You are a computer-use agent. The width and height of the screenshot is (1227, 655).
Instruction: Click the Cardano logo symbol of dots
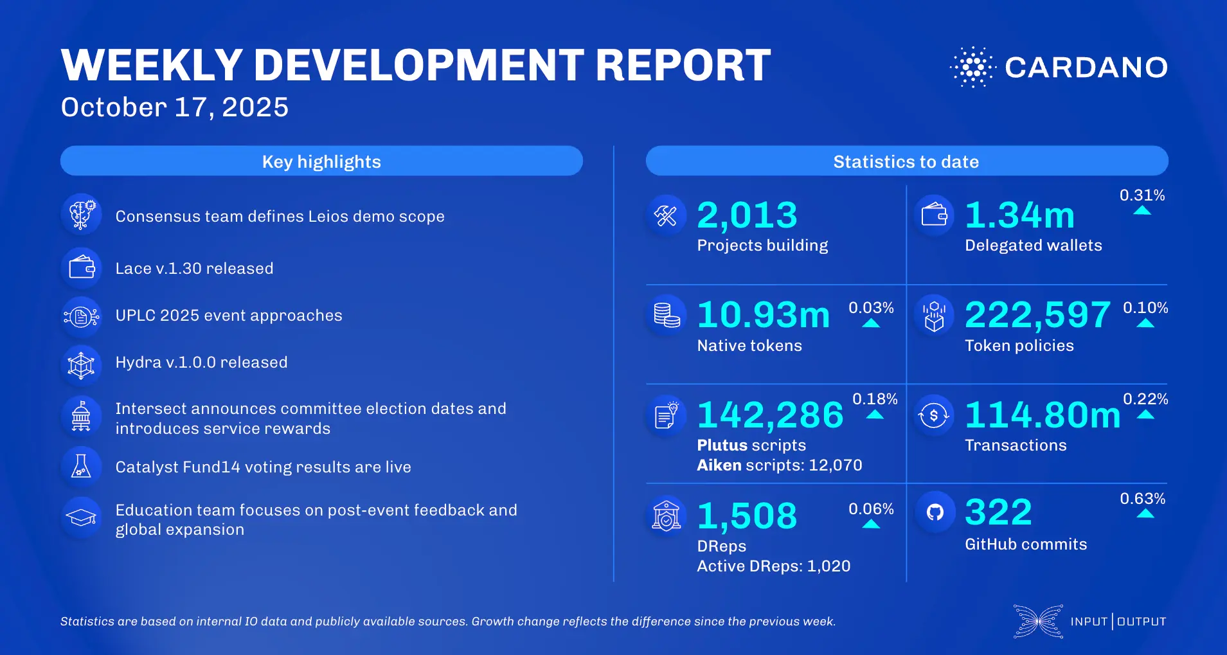pyautogui.click(x=972, y=67)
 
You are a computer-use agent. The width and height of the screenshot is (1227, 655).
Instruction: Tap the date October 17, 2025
pyautogui.click(x=175, y=107)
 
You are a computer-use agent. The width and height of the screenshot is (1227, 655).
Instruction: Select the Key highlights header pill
pyautogui.click(x=321, y=161)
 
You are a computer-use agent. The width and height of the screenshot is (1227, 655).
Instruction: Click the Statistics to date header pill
pyautogui.click(x=906, y=161)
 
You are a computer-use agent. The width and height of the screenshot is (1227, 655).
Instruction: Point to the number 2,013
pyautogui.click(x=747, y=215)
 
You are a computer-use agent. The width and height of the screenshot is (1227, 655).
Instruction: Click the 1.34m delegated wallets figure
pyautogui.click(x=1019, y=215)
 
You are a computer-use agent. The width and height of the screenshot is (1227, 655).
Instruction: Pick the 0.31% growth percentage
pyautogui.click(x=1142, y=195)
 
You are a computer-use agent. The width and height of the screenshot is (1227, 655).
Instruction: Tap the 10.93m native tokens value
pyautogui.click(x=764, y=315)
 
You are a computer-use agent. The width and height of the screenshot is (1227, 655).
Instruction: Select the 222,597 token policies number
pyautogui.click(x=1037, y=315)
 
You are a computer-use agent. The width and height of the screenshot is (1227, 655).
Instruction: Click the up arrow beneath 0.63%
pyautogui.click(x=1145, y=514)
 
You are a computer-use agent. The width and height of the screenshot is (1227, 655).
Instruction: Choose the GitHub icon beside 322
pyautogui.click(x=935, y=512)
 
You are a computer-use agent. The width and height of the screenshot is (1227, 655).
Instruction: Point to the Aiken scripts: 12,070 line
pyautogui.click(x=779, y=465)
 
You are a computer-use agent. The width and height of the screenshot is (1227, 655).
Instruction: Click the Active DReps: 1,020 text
pyautogui.click(x=773, y=566)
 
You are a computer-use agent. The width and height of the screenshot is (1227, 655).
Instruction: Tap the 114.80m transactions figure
pyautogui.click(x=1042, y=415)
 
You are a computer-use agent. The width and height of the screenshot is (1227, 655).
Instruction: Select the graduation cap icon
pyautogui.click(x=82, y=517)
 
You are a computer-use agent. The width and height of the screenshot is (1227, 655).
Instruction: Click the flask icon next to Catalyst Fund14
pyautogui.click(x=81, y=466)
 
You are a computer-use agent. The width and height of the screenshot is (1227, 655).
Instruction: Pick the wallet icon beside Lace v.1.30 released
pyautogui.click(x=82, y=267)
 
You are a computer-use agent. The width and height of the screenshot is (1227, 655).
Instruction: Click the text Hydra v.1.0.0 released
pyautogui.click(x=201, y=363)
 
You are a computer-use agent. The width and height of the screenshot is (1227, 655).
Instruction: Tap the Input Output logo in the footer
pyautogui.click(x=1089, y=622)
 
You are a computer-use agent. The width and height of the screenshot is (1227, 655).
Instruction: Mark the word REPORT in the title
pyautogui.click(x=683, y=66)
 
